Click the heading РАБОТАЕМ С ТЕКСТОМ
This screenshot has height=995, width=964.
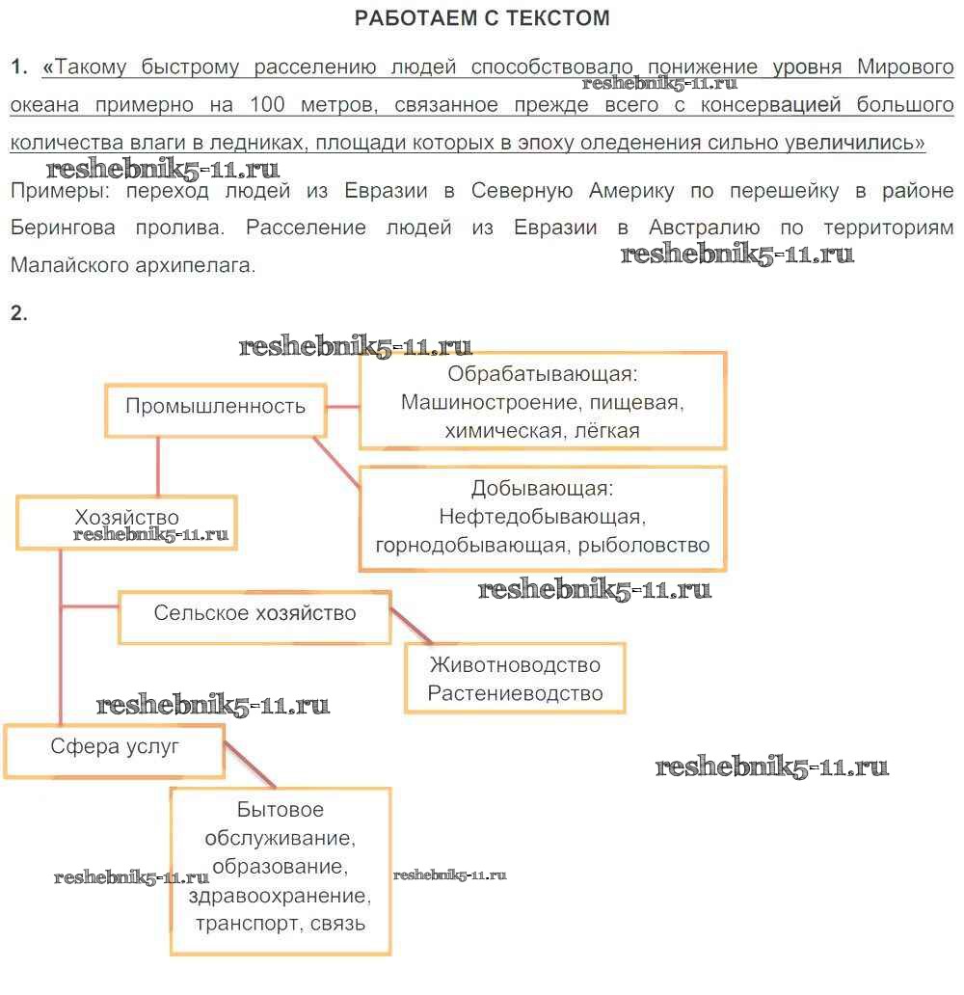pyautogui.click(x=482, y=17)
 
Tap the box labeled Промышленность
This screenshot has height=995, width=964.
pyautogui.click(x=215, y=406)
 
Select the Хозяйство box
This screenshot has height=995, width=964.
pyautogui.click(x=126, y=519)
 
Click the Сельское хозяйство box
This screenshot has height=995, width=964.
pyautogui.click(x=254, y=614)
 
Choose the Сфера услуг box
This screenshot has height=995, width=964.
pyautogui.click(x=115, y=747)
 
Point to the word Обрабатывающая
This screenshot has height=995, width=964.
pyautogui.click(x=543, y=374)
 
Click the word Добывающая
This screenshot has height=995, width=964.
pyautogui.click(x=542, y=489)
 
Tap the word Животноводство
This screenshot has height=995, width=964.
pyautogui.click(x=515, y=665)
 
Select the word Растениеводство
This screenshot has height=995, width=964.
pyautogui.click(x=515, y=693)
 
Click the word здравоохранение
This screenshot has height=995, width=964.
pyautogui.click(x=280, y=896)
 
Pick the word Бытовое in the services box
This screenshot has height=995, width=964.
pyautogui.click(x=280, y=810)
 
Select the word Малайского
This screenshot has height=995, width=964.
pyautogui.click(x=67, y=264)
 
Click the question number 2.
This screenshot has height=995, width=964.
pyautogui.click(x=19, y=313)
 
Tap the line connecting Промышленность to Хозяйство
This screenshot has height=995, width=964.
pyautogui.click(x=157, y=469)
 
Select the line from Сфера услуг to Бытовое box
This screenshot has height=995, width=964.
pyautogui.click(x=250, y=767)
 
